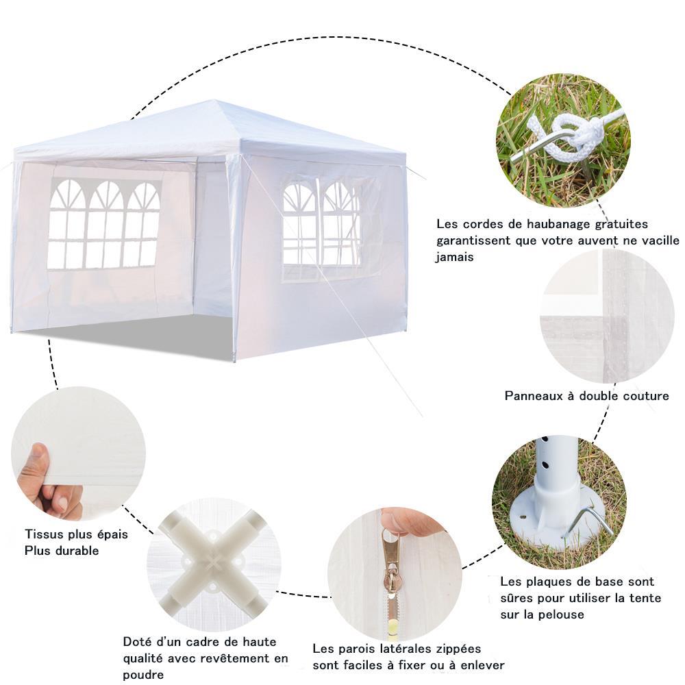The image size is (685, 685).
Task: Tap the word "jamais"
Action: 454,258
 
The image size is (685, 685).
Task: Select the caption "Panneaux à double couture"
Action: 587,396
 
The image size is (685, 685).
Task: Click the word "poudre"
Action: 143,675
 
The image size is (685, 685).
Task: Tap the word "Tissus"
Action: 42,534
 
